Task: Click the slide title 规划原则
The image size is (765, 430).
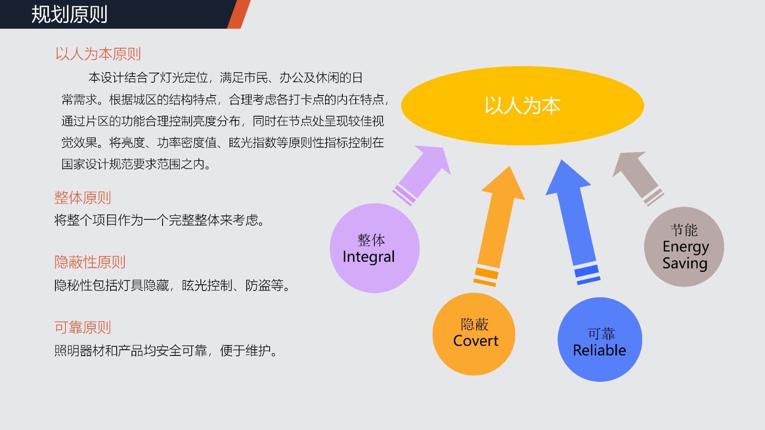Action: (x=69, y=14)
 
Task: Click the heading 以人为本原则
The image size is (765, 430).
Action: (x=98, y=54)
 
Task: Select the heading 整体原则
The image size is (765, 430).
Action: (x=83, y=198)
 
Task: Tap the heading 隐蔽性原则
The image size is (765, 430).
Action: (x=90, y=262)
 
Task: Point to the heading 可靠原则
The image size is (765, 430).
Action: (x=83, y=327)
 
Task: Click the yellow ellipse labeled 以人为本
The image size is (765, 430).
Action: (x=523, y=106)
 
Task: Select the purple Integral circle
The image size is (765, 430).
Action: (x=375, y=248)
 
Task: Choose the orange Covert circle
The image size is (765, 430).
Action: (x=474, y=334)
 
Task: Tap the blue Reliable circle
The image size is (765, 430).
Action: (x=600, y=340)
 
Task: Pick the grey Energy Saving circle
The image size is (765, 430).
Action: (x=684, y=247)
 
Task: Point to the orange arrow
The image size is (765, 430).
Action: (x=499, y=226)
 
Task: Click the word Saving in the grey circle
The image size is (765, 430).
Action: (x=685, y=263)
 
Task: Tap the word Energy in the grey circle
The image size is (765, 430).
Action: (x=686, y=247)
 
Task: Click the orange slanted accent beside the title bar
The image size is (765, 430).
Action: (x=239, y=14)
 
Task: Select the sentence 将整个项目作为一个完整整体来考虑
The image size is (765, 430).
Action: (x=159, y=220)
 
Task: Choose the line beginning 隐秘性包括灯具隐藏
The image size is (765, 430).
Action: (x=172, y=285)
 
